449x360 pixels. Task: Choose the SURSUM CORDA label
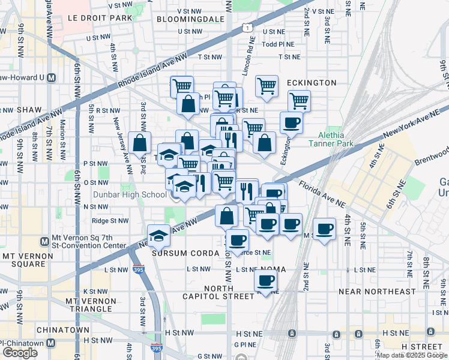(185, 253)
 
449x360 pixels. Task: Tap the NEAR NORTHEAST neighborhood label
(377, 292)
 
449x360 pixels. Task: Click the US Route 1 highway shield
(246, 27)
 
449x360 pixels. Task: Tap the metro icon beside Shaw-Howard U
(51, 77)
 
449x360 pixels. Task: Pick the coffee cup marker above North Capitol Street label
(265, 280)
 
